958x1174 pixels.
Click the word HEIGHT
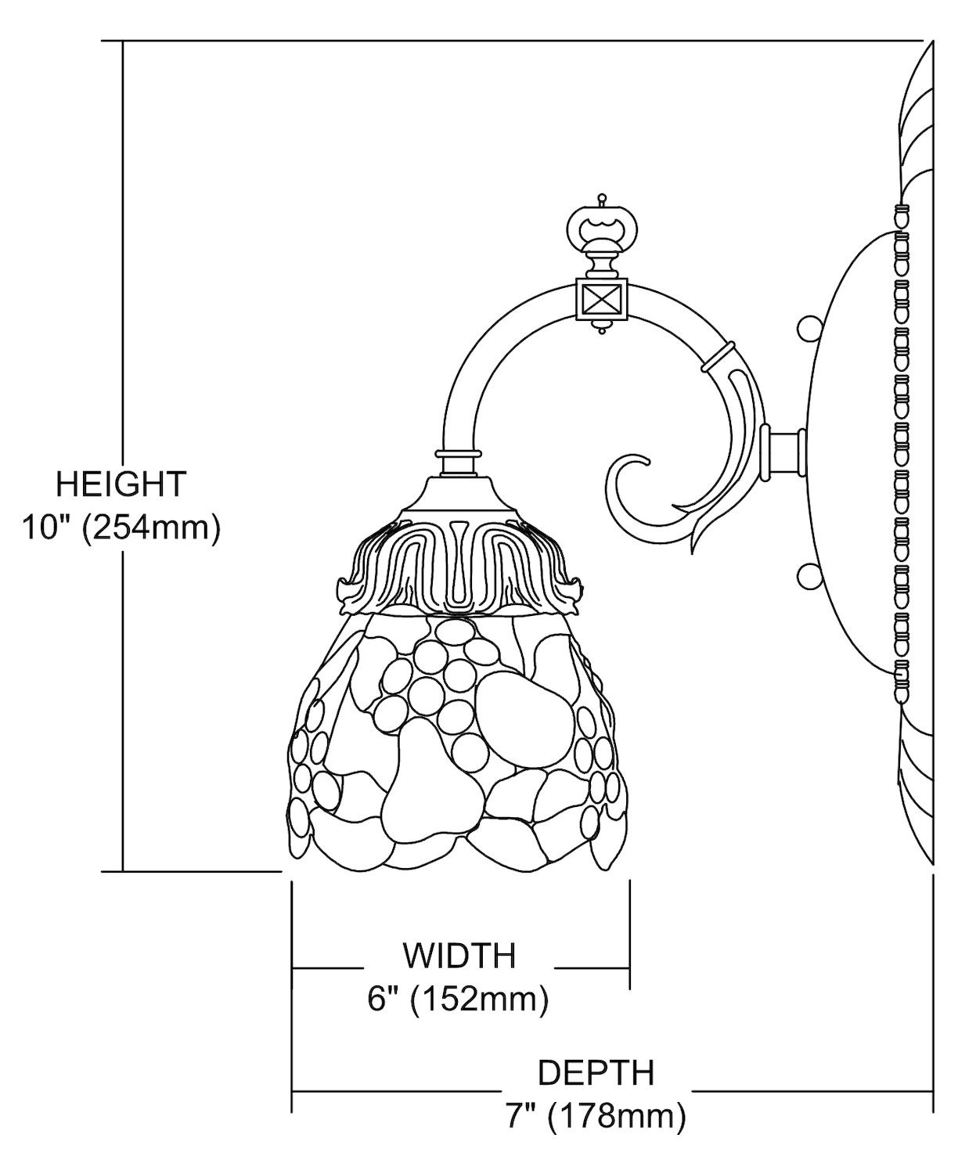pyautogui.click(x=121, y=484)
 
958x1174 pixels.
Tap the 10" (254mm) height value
pyautogui.click(x=121, y=529)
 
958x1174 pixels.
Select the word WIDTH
pyautogui.click(x=459, y=956)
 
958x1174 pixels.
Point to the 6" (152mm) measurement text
pyautogui.click(x=458, y=999)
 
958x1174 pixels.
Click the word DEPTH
pyautogui.click(x=596, y=1073)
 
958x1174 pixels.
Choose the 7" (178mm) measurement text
pyautogui.click(x=596, y=1117)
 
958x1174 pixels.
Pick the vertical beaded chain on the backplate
pyautogui.click(x=902, y=454)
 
